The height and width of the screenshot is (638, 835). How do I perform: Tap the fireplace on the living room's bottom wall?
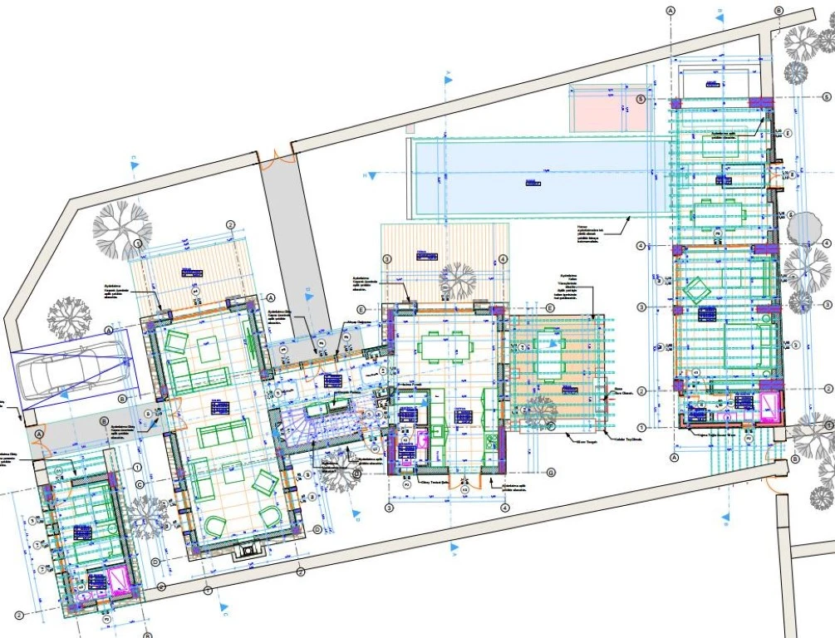point(246,549)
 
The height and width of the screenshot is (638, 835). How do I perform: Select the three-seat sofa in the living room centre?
point(223,431)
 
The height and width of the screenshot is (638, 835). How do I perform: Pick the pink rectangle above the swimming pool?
point(609,107)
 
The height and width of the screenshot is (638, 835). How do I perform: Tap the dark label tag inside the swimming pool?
point(528,181)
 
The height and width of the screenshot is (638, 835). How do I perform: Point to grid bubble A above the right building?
point(670,9)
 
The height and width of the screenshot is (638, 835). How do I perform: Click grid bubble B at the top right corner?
point(779,9)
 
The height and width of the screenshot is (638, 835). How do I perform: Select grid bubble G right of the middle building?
point(550,473)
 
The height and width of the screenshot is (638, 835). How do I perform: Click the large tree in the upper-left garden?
point(122,226)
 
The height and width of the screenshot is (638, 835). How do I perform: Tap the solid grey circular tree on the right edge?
point(804,227)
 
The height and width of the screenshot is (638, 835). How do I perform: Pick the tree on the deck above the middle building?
point(458,279)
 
